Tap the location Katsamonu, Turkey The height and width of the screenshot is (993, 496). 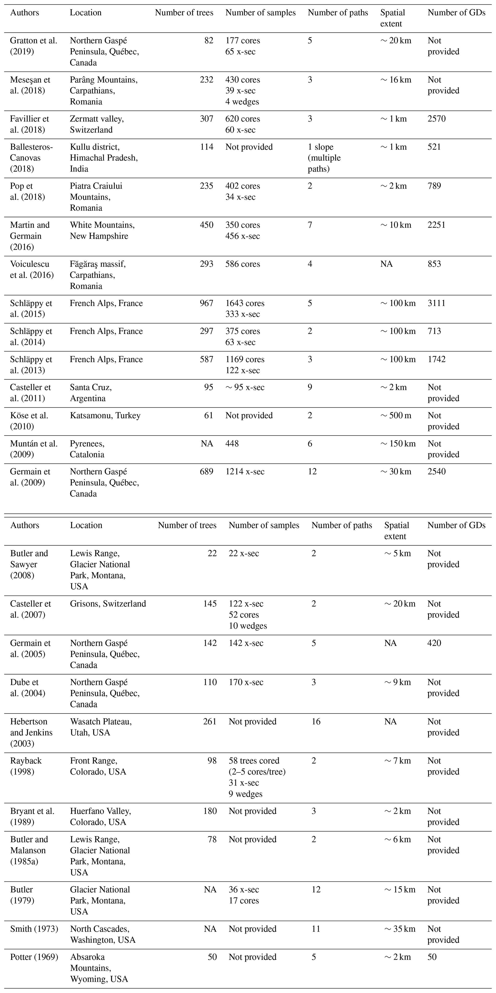coord(105,416)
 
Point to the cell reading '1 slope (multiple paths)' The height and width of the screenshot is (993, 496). coord(324,158)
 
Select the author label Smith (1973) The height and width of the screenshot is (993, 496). coord(34,929)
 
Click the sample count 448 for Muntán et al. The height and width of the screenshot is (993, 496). coord(232,444)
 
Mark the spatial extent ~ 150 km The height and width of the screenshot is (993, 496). coord(398,444)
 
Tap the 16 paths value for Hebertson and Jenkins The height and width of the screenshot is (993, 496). coord(316,722)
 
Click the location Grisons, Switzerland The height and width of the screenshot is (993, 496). coord(108,604)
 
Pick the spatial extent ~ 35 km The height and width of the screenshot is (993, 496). coord(400,929)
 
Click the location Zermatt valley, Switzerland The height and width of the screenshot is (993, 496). coord(97,124)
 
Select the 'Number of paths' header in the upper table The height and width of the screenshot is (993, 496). coord(338,13)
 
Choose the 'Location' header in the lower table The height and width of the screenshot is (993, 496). coord(86,525)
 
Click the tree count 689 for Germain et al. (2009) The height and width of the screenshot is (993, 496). coord(207,472)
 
